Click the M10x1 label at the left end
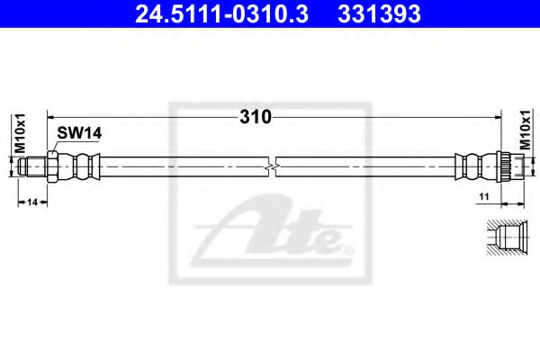pyautogui.click(x=15, y=134)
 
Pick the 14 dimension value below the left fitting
pyautogui.click(x=32, y=201)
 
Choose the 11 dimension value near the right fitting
pyautogui.click(x=482, y=194)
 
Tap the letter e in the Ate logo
pyautogui.click(x=329, y=240)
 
